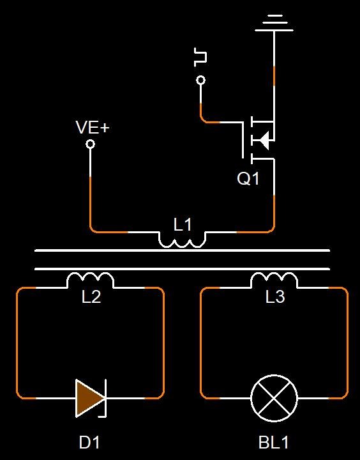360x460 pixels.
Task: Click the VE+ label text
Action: point(93,127)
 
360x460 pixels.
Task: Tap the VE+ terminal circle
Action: point(90,144)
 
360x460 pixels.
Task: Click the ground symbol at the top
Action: point(274,23)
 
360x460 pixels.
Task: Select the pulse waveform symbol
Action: point(200,57)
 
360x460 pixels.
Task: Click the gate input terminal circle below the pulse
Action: point(201,80)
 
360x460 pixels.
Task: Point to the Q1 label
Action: point(248,178)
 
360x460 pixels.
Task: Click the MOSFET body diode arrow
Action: point(264,140)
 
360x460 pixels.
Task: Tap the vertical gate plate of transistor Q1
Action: point(243,140)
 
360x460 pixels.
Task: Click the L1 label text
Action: point(183,225)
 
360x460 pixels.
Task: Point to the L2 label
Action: point(91,297)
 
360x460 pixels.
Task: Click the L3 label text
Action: point(275,296)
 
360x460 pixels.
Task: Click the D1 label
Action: point(89,442)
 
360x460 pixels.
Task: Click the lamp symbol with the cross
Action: point(274,398)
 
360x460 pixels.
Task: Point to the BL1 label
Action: point(274,442)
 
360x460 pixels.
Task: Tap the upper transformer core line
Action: point(182,250)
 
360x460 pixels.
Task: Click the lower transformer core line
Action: point(182,269)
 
